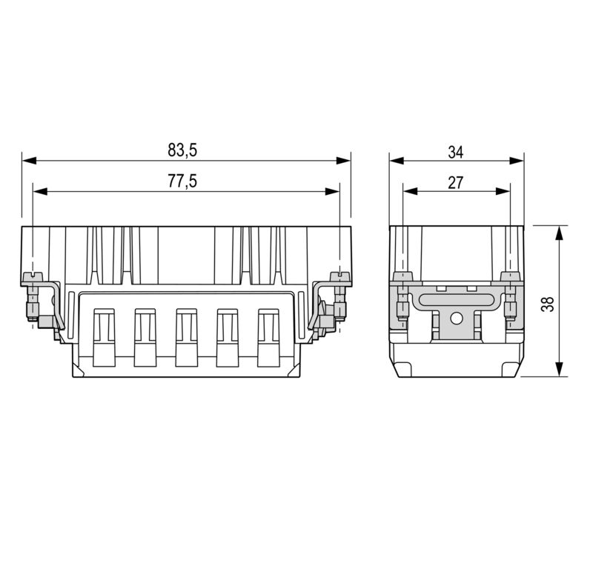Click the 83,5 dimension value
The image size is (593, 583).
pyautogui.click(x=182, y=150)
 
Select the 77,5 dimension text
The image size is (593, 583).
pyautogui.click(x=182, y=181)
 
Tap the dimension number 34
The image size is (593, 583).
pyautogui.click(x=455, y=152)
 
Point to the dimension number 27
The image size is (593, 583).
pyautogui.click(x=455, y=182)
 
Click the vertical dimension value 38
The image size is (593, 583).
pyautogui.click(x=547, y=304)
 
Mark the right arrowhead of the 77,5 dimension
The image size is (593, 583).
pyautogui.click(x=333, y=191)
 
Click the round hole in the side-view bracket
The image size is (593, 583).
pyautogui.click(x=456, y=319)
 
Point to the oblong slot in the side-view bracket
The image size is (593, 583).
pyautogui.click(x=455, y=300)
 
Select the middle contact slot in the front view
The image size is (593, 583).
pyautogui.click(x=186, y=338)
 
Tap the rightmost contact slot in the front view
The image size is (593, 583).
pyautogui.click(x=268, y=338)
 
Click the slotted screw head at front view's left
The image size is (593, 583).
pyautogui.click(x=33, y=277)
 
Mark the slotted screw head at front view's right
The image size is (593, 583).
pyautogui.click(x=339, y=277)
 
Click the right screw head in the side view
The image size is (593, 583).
pyautogui.click(x=509, y=277)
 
